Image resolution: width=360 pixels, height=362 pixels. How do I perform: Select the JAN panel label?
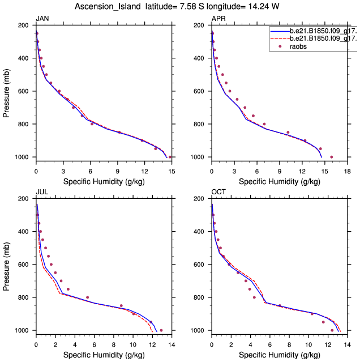[42, 19]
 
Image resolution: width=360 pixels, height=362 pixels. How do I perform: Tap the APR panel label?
[218, 19]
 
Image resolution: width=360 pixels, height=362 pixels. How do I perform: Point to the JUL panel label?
[41, 192]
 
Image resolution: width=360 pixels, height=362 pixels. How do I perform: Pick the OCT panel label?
[218, 192]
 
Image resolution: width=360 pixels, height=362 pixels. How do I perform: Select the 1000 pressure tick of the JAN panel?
[24, 157]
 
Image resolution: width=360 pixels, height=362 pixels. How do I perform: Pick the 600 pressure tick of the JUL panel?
[26, 265]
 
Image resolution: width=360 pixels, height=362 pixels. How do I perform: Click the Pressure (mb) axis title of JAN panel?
[7, 91]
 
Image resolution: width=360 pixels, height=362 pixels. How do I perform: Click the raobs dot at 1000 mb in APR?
[332, 157]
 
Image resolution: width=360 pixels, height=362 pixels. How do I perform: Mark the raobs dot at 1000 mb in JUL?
[161, 330]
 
